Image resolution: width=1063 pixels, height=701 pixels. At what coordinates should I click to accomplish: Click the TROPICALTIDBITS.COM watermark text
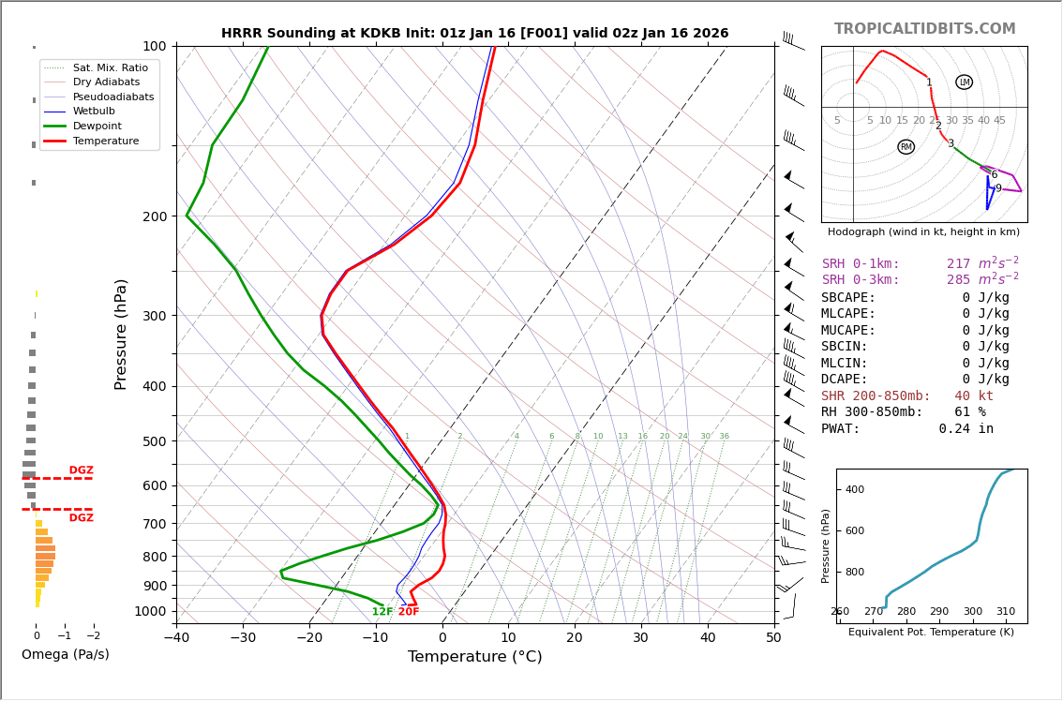924,29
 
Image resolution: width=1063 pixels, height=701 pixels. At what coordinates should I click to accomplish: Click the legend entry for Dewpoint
97,127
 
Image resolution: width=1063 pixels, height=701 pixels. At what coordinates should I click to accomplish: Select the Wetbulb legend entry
93,112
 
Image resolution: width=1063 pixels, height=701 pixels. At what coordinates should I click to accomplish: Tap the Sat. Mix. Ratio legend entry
110,67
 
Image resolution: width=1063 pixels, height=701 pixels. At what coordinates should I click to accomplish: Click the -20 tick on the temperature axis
309,638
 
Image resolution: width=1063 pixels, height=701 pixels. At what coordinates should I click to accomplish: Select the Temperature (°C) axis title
474,657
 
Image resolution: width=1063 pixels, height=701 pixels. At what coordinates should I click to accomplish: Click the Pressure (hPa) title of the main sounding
122,334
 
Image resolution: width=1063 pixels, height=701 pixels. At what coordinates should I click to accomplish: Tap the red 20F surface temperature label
409,612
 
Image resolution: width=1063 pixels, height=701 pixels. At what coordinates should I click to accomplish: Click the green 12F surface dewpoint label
382,612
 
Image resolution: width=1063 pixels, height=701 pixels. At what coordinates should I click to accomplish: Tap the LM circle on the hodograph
964,82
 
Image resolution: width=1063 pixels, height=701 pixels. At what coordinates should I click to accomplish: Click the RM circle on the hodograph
906,147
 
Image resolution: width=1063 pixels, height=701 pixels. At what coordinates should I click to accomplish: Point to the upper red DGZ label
81,470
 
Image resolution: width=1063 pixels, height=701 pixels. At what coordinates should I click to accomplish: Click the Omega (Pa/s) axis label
65,655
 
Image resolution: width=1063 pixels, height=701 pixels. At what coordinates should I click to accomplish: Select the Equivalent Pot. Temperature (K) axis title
931,633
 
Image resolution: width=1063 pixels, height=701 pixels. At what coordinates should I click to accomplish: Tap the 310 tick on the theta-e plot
1005,612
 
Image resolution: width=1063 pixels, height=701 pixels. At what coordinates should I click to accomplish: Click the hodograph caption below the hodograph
923,231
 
